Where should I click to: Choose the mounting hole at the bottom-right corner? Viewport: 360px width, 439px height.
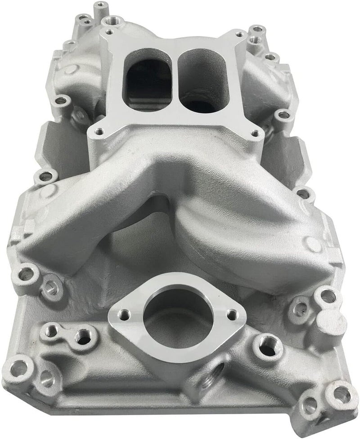(337, 390)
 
